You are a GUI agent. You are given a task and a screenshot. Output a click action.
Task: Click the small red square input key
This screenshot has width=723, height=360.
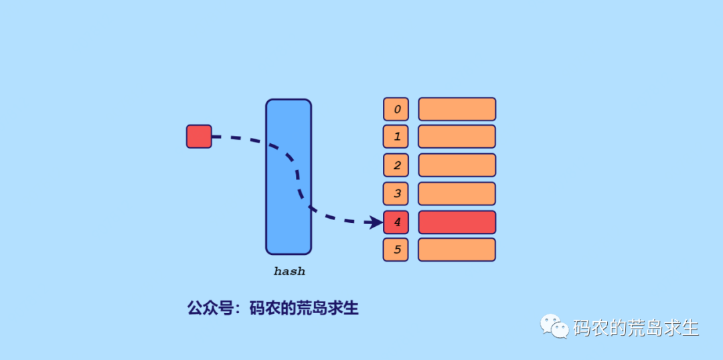pyautogui.click(x=199, y=137)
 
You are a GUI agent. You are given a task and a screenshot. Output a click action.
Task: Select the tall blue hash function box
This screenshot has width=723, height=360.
pyautogui.click(x=289, y=177)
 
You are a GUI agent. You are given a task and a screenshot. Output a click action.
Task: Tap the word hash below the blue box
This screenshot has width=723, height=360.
pyautogui.click(x=289, y=272)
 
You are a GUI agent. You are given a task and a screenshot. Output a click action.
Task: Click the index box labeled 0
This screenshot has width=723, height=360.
pyautogui.click(x=396, y=109)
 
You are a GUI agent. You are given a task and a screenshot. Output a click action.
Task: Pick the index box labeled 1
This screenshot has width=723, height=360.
pyautogui.click(x=396, y=137)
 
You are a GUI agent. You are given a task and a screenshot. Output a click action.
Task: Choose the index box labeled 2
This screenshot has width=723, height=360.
pyautogui.click(x=396, y=165)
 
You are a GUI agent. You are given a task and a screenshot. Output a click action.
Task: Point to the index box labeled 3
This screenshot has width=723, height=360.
pyautogui.click(x=396, y=193)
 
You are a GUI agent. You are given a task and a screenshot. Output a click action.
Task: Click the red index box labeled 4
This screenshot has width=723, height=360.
pyautogui.click(x=396, y=222)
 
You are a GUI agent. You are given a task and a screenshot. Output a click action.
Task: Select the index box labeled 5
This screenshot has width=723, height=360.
pyautogui.click(x=396, y=250)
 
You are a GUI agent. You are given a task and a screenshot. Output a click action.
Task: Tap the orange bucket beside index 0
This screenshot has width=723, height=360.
pyautogui.click(x=457, y=109)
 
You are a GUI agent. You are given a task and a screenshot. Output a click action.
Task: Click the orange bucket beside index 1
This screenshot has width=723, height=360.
pyautogui.click(x=457, y=137)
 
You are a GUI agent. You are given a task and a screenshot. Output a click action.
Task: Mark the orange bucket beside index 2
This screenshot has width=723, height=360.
pyautogui.click(x=457, y=165)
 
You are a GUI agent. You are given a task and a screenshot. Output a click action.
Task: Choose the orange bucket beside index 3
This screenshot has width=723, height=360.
pyautogui.click(x=457, y=193)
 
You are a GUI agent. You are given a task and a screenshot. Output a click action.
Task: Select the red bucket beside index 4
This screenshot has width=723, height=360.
pyautogui.click(x=457, y=222)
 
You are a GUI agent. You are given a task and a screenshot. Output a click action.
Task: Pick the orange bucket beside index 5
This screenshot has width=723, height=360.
pyautogui.click(x=457, y=250)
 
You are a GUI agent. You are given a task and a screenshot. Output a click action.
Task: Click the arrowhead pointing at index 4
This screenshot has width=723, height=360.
pyautogui.click(x=376, y=221)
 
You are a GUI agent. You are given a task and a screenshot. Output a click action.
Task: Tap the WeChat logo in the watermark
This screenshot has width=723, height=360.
pyautogui.click(x=555, y=327)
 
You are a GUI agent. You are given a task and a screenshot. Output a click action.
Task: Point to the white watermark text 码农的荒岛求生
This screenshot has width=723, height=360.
pyautogui.click(x=635, y=328)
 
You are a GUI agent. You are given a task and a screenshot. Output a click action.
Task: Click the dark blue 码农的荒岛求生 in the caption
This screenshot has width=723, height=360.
pyautogui.click(x=304, y=308)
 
